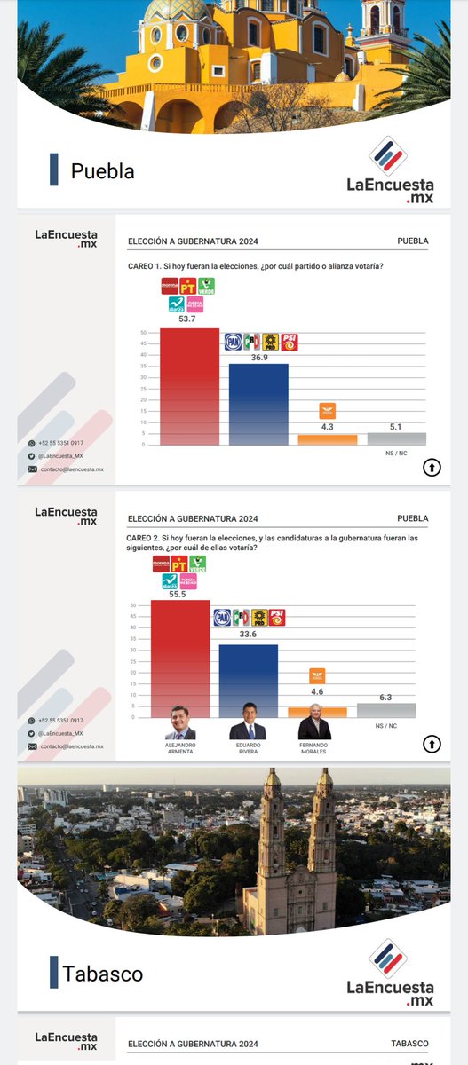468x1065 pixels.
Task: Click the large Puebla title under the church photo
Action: click(x=102, y=170)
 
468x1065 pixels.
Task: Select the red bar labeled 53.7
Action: click(x=189, y=387)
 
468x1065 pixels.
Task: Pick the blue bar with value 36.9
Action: click(x=258, y=405)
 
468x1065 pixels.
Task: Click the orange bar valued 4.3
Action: click(x=328, y=439)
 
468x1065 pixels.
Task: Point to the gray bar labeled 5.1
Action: click(x=396, y=438)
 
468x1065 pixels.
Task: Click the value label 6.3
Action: click(x=385, y=697)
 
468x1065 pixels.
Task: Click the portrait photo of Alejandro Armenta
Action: click(x=180, y=723)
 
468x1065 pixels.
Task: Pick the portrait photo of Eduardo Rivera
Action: click(x=248, y=722)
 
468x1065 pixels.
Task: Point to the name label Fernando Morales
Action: click(x=314, y=748)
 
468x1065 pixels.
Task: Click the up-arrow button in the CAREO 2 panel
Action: click(x=432, y=743)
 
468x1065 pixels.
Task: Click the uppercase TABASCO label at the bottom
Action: click(x=409, y=1044)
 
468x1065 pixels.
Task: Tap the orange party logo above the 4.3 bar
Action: click(x=328, y=411)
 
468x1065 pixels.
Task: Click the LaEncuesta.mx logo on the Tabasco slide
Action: click(x=390, y=972)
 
